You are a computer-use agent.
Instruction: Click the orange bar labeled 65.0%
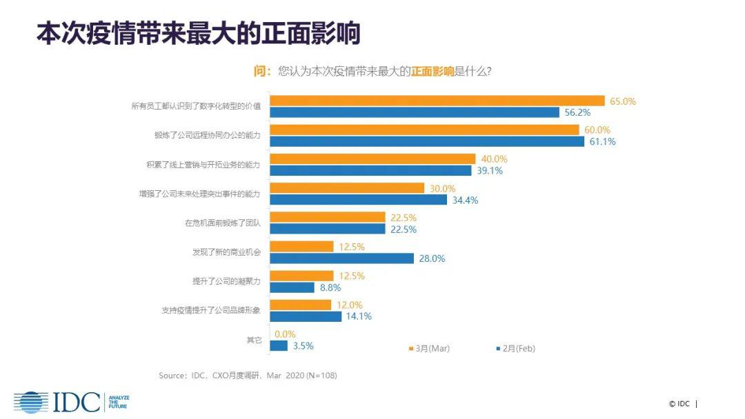coord(437,101)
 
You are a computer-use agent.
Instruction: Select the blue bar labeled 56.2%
coord(414,112)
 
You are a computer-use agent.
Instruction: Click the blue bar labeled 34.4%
coord(358,200)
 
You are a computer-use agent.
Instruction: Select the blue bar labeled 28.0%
coord(342,258)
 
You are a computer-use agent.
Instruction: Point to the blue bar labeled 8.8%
coord(292,287)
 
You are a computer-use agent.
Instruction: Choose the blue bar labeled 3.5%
coord(279,346)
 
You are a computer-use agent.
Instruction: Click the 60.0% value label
coord(597,130)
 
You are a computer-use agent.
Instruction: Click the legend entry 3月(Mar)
coord(432,349)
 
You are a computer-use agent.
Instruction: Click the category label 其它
coord(254,340)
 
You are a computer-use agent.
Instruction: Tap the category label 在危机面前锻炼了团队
coord(223,223)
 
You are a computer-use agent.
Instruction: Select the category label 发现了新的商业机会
coord(226,252)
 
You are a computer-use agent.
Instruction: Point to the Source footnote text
coord(248,376)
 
